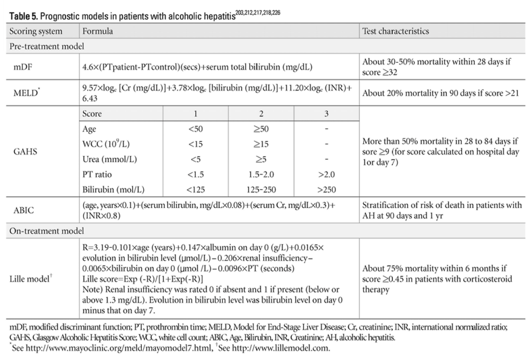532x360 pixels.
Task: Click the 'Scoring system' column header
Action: [36, 31]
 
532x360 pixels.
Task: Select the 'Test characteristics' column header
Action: [395, 31]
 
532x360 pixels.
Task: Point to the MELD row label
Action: [27, 93]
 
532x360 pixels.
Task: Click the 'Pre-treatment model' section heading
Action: [47, 46]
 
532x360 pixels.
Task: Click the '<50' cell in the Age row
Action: [196, 128]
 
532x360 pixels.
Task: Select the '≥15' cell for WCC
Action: [261, 143]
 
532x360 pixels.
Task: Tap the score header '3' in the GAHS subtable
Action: [326, 113]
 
